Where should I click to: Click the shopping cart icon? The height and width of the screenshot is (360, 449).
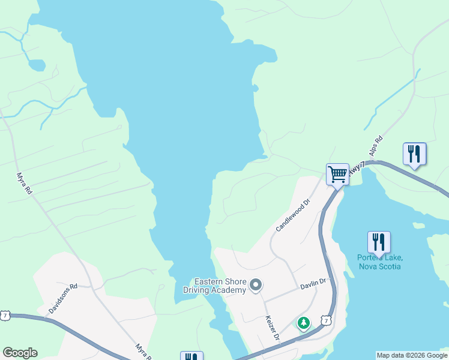point(337,174)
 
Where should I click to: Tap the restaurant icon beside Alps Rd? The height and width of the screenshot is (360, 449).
point(414,154)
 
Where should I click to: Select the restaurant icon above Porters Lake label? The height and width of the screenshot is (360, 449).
point(379,242)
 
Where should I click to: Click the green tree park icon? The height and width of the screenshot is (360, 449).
point(304,323)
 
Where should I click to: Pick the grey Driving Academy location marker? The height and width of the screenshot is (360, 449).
point(256,285)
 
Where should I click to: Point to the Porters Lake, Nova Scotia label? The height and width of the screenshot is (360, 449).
point(379,262)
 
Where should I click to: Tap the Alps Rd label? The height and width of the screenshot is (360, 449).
point(376,146)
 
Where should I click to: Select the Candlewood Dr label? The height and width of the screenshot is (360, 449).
point(292,216)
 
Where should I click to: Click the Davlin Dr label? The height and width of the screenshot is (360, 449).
point(313,283)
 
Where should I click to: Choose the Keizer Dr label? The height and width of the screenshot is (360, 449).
point(273,329)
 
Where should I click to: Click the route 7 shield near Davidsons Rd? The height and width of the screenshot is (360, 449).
point(5,315)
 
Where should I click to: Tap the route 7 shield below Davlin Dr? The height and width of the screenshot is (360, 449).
point(325,322)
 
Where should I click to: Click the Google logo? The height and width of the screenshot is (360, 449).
point(20,353)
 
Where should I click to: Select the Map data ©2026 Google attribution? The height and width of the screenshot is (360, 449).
point(412,355)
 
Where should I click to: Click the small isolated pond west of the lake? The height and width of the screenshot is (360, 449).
point(37,64)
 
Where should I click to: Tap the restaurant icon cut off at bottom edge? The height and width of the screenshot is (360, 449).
point(191,356)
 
